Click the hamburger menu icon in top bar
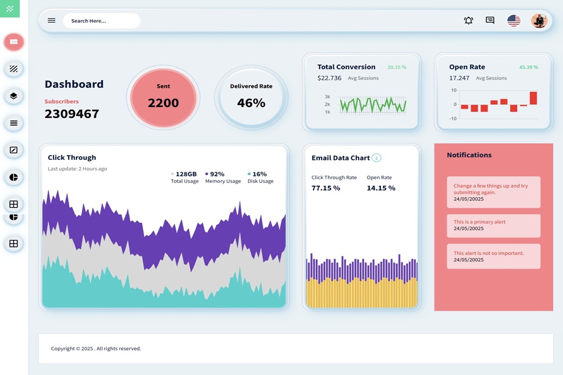coord(51,21)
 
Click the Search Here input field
coord(101,21)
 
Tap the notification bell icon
coord(468,21)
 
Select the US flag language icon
coord(513,21)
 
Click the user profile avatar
coord(539,21)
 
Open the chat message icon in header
coord(490,21)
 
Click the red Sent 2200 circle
coord(163,97)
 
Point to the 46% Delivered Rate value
coord(251,103)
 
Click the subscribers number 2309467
coord(72,114)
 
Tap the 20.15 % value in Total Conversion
coord(396,67)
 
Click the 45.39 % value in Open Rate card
coord(528,67)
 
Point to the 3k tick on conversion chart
coord(327,97)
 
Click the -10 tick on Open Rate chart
coord(453,118)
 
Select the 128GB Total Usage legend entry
coord(185,177)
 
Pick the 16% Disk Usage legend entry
coord(260,177)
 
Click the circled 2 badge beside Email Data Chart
coord(376,158)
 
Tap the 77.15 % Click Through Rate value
coord(325,188)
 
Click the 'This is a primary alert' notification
coord(493,225)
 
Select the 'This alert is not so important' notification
coord(493,256)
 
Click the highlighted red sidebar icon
coord(14,42)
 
